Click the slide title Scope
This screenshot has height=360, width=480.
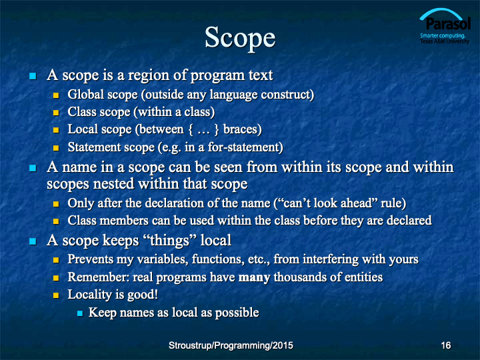[x=240, y=37]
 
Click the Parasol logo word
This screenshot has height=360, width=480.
[x=448, y=24]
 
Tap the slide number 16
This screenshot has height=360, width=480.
[x=446, y=345]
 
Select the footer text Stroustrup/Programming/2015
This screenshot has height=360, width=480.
[x=231, y=345]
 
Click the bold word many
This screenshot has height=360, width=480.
[x=254, y=277]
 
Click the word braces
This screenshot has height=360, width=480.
[x=243, y=129]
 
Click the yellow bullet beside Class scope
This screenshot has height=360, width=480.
[x=56, y=113]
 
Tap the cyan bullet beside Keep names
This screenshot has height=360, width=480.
[x=80, y=313]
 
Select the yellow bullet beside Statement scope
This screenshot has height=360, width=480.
[x=56, y=148]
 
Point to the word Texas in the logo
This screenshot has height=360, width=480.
[x=427, y=41]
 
